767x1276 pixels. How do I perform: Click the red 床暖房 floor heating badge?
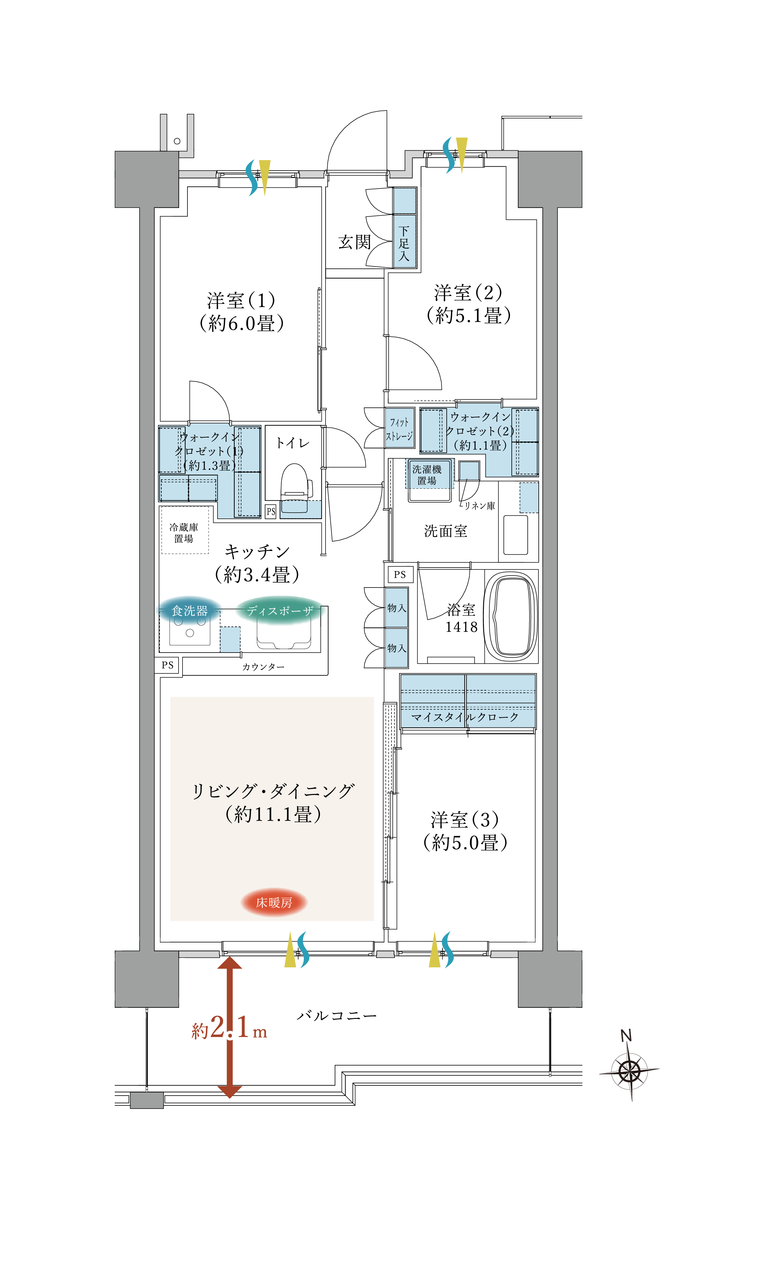(274, 902)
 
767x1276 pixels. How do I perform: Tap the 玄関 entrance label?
(355, 242)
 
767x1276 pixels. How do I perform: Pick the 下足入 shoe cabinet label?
(404, 243)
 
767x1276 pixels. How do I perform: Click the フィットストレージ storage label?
(399, 429)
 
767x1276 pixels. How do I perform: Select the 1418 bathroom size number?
(461, 627)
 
